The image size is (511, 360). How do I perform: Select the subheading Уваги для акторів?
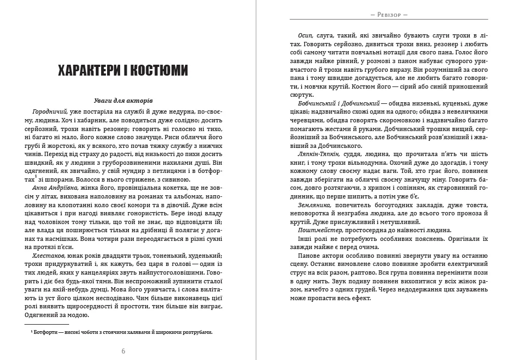click(x=123, y=101)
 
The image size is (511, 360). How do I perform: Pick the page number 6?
click(x=123, y=351)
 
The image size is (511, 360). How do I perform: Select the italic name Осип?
click(x=306, y=35)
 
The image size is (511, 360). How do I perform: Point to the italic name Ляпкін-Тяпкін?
click(x=317, y=154)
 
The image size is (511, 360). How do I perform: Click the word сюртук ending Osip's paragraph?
click(x=310, y=95)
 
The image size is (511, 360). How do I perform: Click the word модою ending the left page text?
click(x=77, y=314)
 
